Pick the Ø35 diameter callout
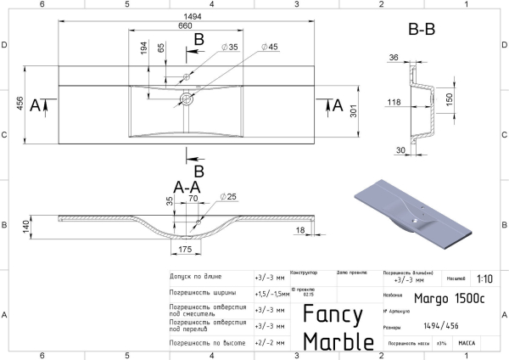[229, 47]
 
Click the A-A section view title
[187, 187]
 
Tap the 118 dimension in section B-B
[394, 103]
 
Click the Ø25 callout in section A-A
[228, 196]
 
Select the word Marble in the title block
[338, 340]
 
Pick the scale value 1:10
[484, 278]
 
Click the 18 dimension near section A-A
[300, 230]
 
